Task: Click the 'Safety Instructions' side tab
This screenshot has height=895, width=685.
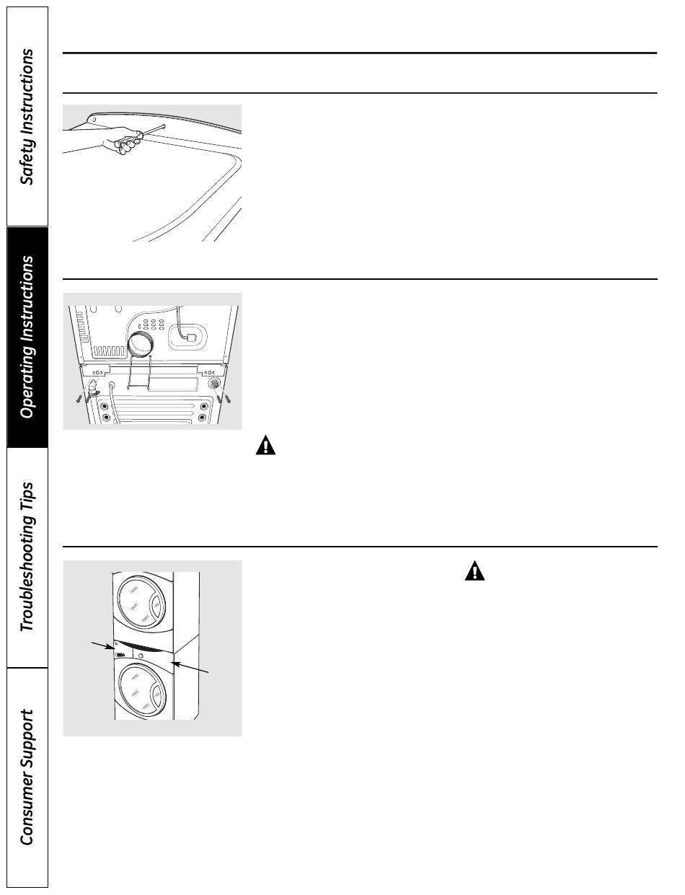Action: [27, 117]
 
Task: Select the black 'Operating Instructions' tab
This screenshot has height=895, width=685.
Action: [27, 337]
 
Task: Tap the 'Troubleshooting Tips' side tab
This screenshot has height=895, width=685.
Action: [27, 557]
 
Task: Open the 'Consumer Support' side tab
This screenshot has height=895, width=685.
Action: [27, 777]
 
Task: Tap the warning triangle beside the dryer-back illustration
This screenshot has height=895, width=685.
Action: [265, 446]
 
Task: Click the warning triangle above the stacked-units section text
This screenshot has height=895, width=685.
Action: [474, 572]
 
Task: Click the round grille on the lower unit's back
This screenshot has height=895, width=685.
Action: [215, 384]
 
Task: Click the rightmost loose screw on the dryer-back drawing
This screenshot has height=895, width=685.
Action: [228, 397]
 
